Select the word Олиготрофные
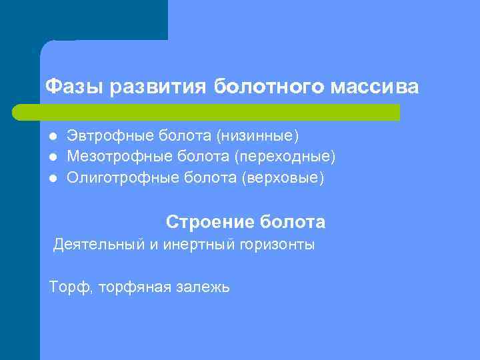click(x=123, y=179)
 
